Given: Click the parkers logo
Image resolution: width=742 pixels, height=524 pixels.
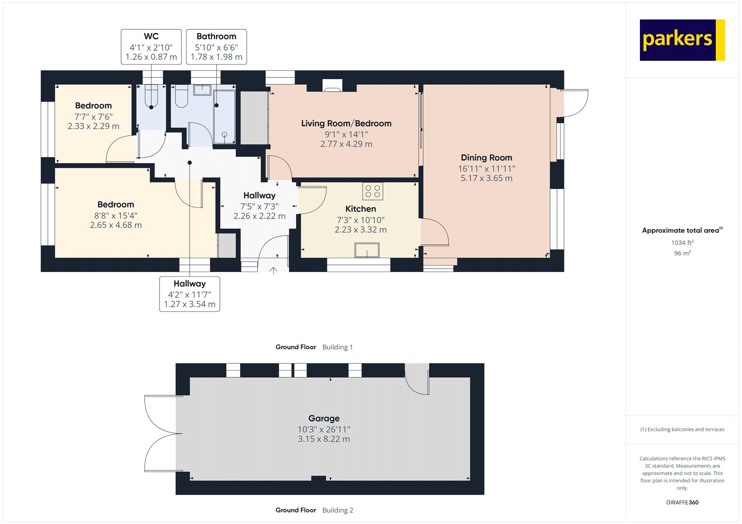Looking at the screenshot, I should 682,40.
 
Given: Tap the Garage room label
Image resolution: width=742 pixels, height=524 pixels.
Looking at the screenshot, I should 324,418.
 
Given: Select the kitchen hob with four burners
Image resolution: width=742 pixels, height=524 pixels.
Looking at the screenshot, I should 372,191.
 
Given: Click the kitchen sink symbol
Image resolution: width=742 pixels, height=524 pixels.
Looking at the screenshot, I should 367,250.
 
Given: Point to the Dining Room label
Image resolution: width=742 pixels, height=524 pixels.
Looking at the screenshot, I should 486,158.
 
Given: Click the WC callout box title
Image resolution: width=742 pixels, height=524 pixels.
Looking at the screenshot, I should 151,36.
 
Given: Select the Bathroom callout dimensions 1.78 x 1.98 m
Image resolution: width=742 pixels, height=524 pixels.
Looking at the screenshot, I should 216,57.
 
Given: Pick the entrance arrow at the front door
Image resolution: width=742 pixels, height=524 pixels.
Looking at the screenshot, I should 274,270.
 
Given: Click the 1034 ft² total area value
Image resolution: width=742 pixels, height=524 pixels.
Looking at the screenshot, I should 682,242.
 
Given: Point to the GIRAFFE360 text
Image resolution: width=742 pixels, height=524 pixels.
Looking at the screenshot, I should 682,502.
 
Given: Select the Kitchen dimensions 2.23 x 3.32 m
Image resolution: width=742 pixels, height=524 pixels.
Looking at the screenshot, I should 360,230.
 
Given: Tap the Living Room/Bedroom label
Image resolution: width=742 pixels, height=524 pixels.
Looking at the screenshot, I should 346,123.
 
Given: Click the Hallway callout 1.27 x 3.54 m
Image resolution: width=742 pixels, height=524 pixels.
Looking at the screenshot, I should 189,304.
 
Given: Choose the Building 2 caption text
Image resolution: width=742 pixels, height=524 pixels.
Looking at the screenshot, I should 338,510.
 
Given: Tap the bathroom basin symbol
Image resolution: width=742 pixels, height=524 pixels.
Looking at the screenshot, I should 202,89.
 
